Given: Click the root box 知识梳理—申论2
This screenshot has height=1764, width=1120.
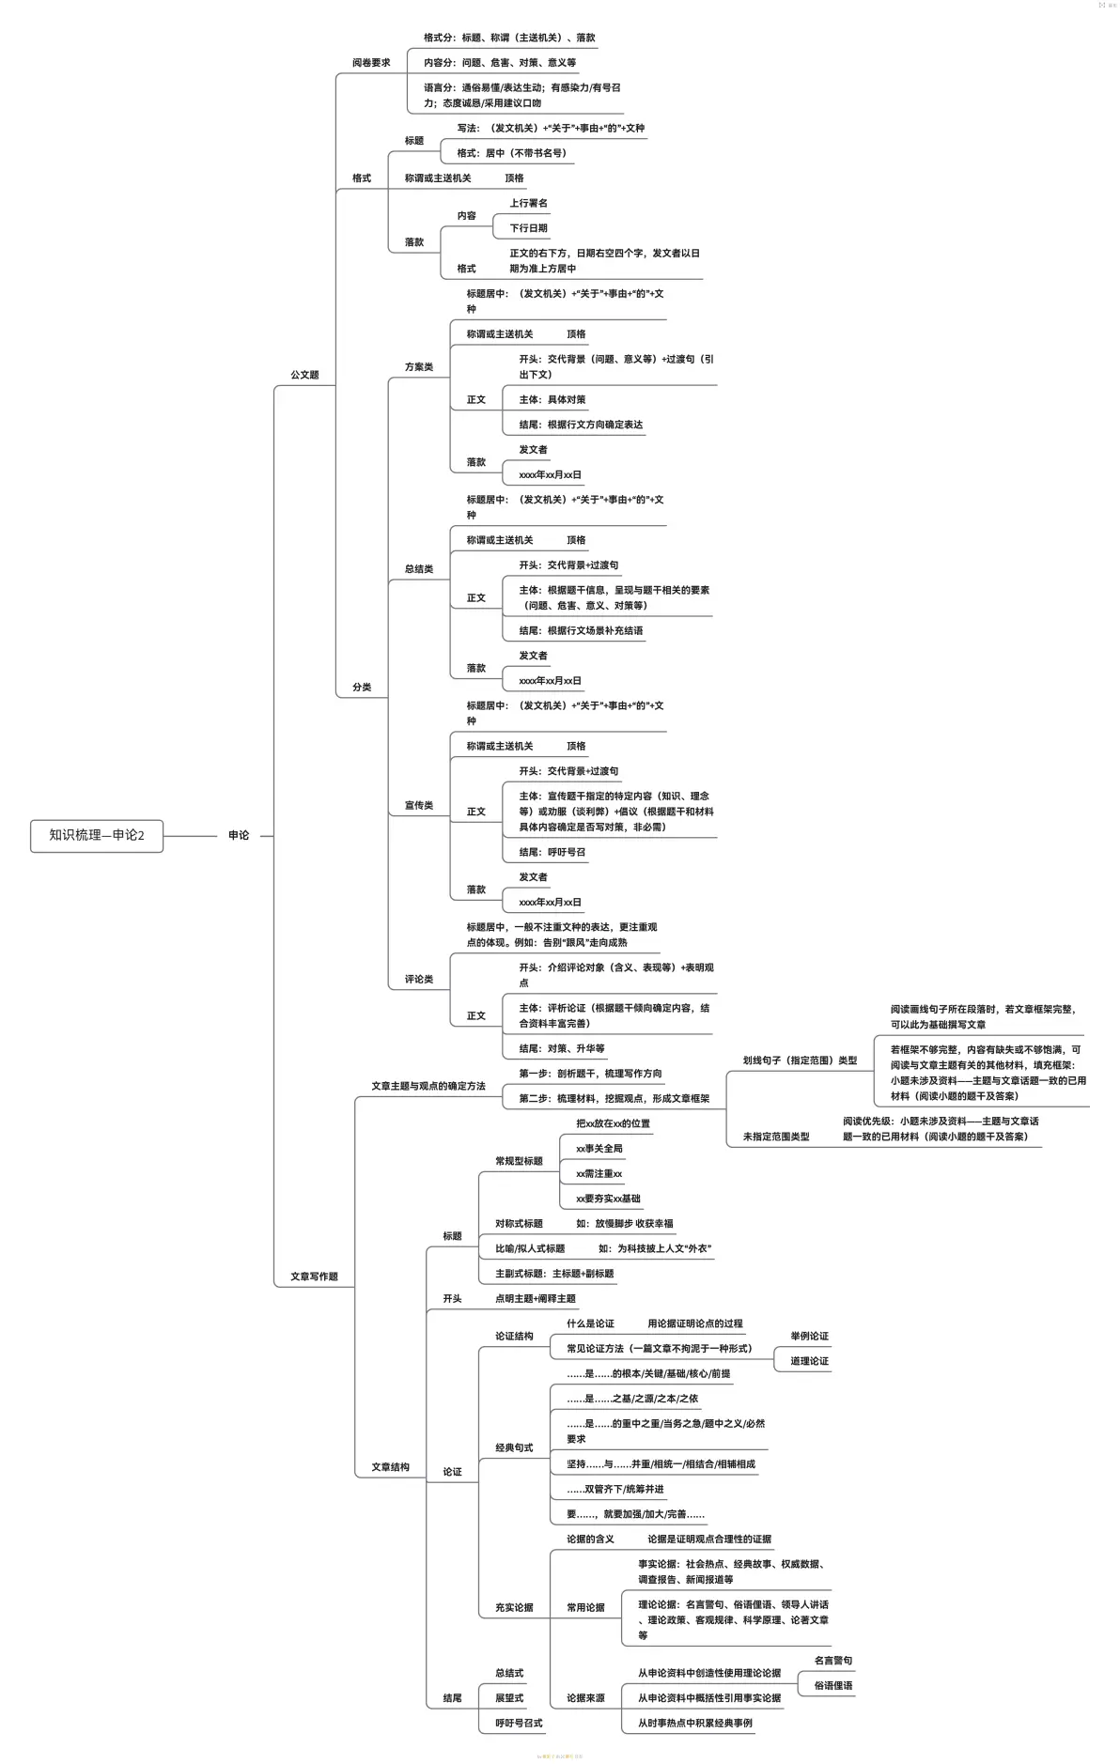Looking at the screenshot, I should (97, 835).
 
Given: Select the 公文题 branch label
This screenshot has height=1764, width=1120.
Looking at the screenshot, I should (304, 375).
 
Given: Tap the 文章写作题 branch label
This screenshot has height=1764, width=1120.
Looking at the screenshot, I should (314, 1277).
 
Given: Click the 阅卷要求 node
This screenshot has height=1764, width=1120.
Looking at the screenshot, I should (371, 63).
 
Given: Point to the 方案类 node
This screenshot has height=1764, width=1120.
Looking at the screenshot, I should (419, 367).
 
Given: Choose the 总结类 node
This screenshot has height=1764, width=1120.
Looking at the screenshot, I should (419, 569).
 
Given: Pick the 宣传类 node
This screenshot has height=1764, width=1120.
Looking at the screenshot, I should (419, 806).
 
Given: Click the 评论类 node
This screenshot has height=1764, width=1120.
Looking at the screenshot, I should (419, 980).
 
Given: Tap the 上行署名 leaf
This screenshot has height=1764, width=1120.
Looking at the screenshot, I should (528, 203).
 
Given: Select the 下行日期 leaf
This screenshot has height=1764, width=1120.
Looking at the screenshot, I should (528, 228).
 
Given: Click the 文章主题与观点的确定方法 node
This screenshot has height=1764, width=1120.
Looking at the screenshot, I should (428, 1086).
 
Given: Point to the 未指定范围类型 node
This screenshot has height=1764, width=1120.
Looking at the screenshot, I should (776, 1137).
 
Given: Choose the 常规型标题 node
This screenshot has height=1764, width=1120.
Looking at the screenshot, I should (519, 1161).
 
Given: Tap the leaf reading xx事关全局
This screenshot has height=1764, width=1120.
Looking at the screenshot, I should (599, 1149).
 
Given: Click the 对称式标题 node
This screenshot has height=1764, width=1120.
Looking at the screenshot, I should (519, 1224).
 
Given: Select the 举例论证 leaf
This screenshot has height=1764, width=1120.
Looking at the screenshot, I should (809, 1336).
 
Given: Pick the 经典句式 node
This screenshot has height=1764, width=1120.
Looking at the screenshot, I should (514, 1447).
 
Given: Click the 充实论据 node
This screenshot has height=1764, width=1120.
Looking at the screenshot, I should (514, 1607).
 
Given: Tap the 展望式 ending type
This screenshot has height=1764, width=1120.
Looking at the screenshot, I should (509, 1698).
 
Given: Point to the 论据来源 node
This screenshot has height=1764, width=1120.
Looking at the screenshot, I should (585, 1698).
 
